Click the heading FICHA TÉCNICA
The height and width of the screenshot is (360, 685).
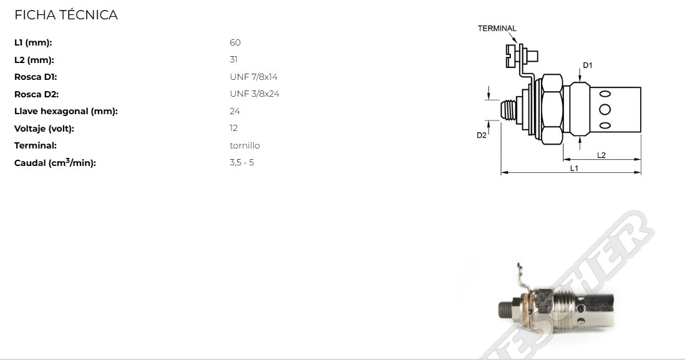pyautogui.click(x=66, y=16)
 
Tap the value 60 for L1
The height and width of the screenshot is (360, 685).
pyautogui.click(x=235, y=43)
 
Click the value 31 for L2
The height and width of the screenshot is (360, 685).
pyautogui.click(x=234, y=60)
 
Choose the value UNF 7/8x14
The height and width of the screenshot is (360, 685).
pyautogui.click(x=254, y=77)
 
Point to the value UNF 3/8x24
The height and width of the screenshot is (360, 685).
pyautogui.click(x=254, y=94)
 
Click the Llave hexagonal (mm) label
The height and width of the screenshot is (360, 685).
pyautogui.click(x=66, y=112)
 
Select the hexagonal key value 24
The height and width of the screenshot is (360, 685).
pyautogui.click(x=235, y=112)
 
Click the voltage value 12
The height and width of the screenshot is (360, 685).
pyautogui.click(x=234, y=129)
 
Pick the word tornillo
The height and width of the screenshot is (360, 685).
pyautogui.click(x=245, y=146)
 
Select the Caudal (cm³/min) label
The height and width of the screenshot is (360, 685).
pyautogui.click(x=55, y=163)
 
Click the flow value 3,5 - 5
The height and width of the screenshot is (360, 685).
pyautogui.click(x=242, y=163)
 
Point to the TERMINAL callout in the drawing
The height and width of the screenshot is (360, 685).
pyautogui.click(x=497, y=28)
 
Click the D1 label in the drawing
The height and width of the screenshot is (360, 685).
pyautogui.click(x=587, y=65)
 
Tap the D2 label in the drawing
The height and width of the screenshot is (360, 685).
pyautogui.click(x=481, y=135)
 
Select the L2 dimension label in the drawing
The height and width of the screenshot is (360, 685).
pyautogui.click(x=601, y=155)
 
